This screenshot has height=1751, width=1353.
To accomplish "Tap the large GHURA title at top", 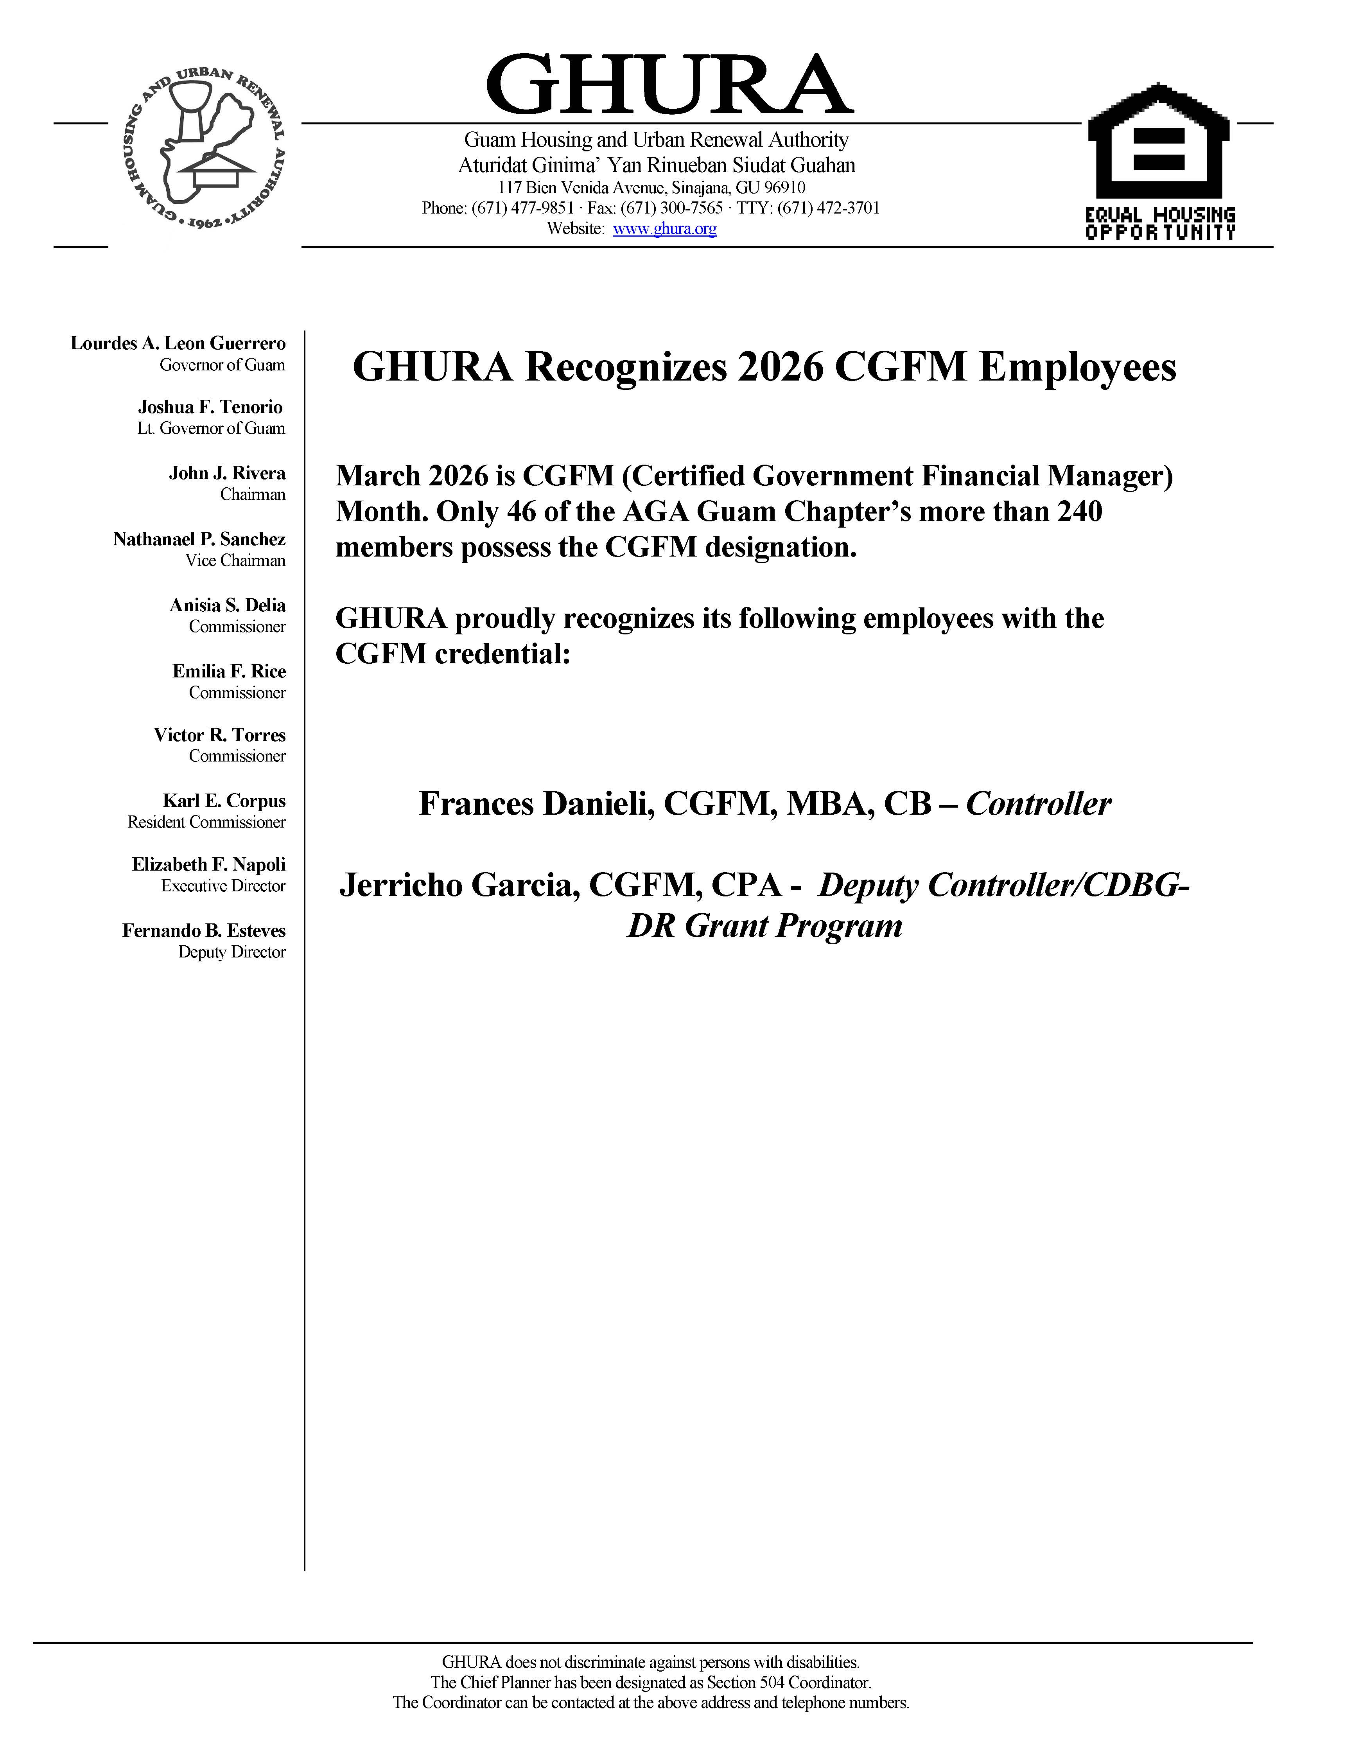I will pyautogui.click(x=669, y=85).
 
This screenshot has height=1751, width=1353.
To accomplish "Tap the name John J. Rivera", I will pyautogui.click(x=227, y=473).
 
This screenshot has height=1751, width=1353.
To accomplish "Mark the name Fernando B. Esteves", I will pyautogui.click(x=204, y=931).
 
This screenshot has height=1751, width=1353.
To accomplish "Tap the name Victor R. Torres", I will pyautogui.click(x=220, y=735).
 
